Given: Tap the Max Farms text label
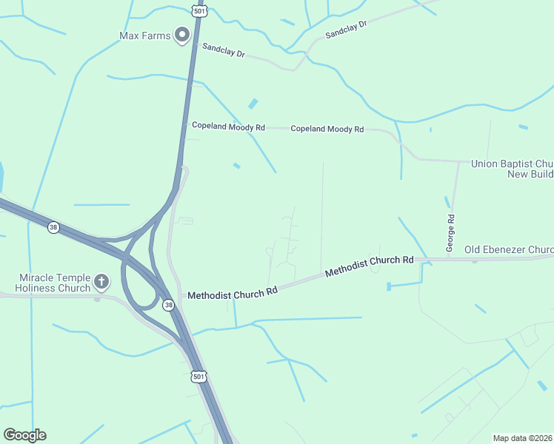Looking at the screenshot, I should click(x=144, y=36).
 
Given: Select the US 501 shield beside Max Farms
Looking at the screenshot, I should click(x=198, y=10).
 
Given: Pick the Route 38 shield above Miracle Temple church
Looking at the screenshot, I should click(x=53, y=227).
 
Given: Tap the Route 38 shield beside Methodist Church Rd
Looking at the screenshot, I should click(x=169, y=305).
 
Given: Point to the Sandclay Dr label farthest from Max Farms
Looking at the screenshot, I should click(x=346, y=29).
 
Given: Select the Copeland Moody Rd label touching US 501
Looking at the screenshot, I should click(x=228, y=127).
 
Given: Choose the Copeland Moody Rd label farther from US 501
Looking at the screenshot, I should click(x=327, y=129).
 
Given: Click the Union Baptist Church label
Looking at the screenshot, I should click(x=513, y=163).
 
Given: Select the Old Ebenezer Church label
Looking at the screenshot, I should click(x=509, y=249).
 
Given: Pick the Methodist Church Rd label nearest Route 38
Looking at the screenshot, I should click(x=232, y=293).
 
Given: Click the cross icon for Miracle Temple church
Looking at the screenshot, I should click(x=101, y=282).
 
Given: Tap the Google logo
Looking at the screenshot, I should click(x=24, y=435).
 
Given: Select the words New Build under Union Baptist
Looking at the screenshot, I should click(x=530, y=174).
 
